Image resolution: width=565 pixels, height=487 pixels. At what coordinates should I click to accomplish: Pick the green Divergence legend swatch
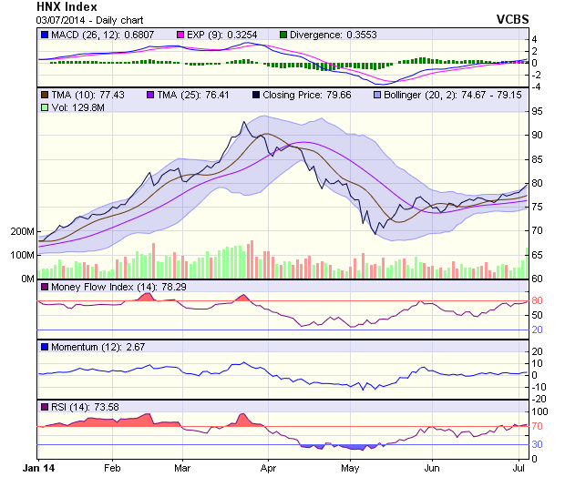282,35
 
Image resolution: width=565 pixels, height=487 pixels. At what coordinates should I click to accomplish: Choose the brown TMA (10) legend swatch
45,95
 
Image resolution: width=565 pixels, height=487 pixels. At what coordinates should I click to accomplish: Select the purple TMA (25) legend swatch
150,95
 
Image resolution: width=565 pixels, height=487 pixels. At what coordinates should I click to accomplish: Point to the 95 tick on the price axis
538,111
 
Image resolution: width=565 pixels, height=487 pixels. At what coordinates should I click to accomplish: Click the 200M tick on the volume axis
21,231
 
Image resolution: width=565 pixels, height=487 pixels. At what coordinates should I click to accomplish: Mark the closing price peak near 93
243,123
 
